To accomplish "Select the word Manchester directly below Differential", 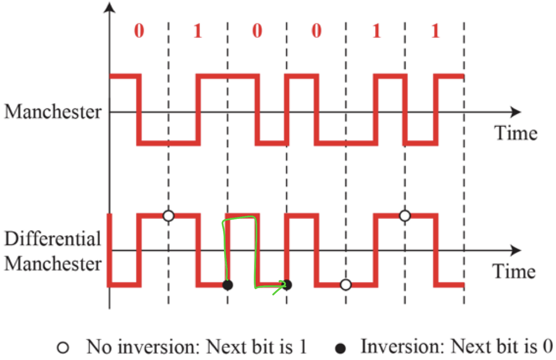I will coord(53,264).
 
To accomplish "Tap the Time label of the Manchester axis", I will coord(516,132).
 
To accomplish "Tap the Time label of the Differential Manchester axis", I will coord(514,271).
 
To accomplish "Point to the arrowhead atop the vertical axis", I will coord(110,7).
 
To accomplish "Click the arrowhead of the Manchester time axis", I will coord(516,112).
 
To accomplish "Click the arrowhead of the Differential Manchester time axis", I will coord(516,251).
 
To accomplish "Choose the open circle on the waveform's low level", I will coord(345,285).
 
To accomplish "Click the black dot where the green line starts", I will coord(227,285).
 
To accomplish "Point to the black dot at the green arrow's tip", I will coord(288,285).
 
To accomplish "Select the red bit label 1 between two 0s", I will coord(197,33).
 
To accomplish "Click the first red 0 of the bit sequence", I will coord(139,33).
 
